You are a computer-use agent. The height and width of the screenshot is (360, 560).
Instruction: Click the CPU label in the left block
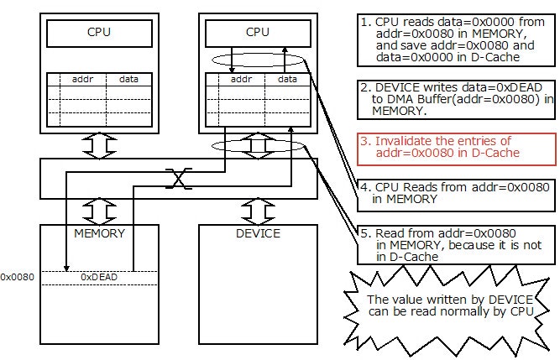point(99,34)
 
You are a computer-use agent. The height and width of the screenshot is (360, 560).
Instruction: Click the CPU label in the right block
point(259,34)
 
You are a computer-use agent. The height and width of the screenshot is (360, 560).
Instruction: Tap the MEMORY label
point(99,233)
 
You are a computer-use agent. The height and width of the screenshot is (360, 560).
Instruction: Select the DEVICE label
point(259,233)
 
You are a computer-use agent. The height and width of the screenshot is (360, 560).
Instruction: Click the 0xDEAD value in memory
point(99,276)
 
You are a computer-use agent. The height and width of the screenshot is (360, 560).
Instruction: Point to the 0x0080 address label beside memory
point(17,276)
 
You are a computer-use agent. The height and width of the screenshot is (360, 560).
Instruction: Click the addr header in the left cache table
point(81,80)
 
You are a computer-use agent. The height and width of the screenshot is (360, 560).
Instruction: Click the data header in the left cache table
point(129,80)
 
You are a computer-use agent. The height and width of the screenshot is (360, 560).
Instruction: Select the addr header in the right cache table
point(241,80)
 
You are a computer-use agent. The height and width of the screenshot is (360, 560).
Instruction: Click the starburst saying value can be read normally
point(449,305)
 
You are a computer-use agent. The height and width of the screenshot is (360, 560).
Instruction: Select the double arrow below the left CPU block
point(99,146)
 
